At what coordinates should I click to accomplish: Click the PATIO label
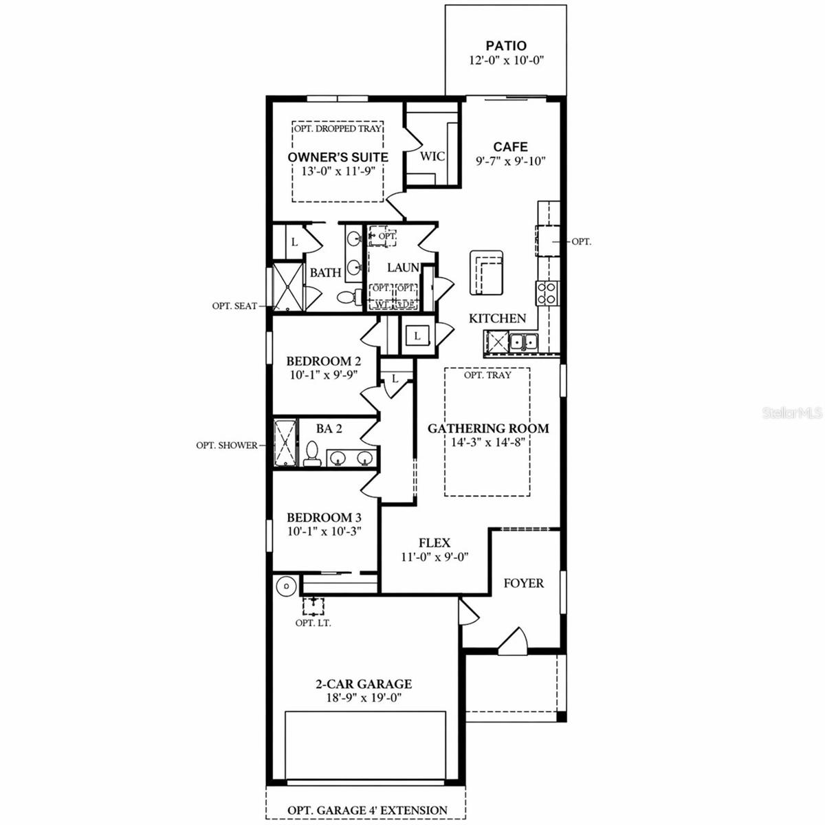point(506,46)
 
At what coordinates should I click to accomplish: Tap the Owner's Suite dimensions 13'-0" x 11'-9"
point(338,171)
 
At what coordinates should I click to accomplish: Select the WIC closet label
point(432,156)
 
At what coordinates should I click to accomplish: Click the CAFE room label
point(511,146)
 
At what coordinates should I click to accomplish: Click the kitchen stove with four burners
point(547,294)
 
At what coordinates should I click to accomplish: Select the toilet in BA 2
point(312,454)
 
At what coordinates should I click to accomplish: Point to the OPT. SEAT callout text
point(234,306)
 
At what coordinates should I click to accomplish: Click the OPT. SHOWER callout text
point(227,445)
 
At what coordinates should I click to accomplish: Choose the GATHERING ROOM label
point(488,428)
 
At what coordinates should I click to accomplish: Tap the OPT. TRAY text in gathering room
point(487,375)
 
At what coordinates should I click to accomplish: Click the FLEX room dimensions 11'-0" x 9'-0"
point(434,557)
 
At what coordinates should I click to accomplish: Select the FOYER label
point(523,583)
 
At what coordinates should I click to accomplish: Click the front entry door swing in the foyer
point(512,642)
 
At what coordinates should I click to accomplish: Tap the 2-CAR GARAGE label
point(364,684)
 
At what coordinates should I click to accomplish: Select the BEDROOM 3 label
point(324,518)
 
